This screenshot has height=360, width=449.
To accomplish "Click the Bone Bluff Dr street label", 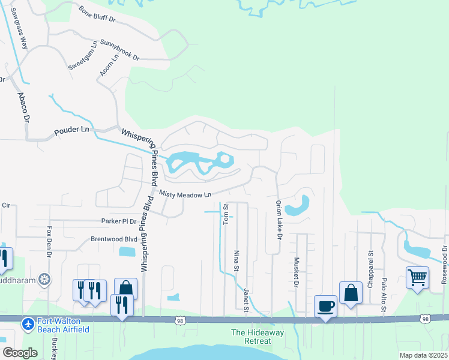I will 97,15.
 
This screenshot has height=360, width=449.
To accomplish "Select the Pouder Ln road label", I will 71,130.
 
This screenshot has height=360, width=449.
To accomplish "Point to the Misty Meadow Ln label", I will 185,194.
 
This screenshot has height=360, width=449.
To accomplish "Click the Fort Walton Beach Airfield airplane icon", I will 28,325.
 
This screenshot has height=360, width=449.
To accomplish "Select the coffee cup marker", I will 325,306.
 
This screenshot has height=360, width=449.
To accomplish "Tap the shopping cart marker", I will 417,277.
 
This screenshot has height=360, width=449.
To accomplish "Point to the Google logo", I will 20,352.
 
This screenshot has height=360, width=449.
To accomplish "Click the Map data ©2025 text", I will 423,355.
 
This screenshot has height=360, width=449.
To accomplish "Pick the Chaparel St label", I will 370,272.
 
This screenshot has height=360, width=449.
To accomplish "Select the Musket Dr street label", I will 297,272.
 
